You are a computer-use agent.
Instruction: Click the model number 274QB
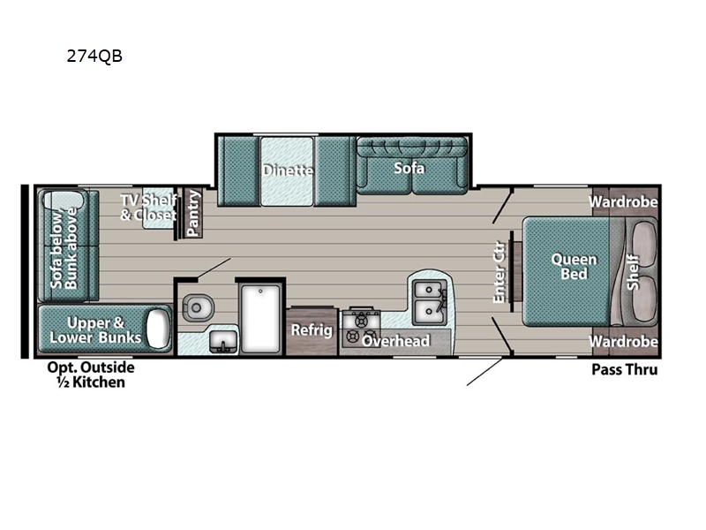[x=94, y=56]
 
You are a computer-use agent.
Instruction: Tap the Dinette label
[x=288, y=170]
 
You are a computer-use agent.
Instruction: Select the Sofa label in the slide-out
[x=409, y=168]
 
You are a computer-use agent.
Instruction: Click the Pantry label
[x=193, y=213]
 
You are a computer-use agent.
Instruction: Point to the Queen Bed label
[x=574, y=267]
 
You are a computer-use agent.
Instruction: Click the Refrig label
[x=312, y=329]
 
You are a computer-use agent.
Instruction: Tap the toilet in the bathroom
[x=197, y=307]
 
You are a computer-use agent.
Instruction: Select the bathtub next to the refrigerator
[x=260, y=318]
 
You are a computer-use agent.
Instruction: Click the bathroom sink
[x=223, y=342]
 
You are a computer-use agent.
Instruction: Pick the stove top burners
[x=361, y=328]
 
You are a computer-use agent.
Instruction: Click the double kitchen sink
[x=430, y=301]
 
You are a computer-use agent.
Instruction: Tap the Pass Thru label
[x=625, y=370]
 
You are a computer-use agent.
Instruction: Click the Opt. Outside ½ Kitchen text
[x=91, y=375]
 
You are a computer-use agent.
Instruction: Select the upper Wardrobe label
[x=623, y=201]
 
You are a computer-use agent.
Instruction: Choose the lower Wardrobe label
[x=623, y=341]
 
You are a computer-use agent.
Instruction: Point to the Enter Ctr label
[x=499, y=272]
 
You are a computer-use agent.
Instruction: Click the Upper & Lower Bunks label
[x=95, y=329]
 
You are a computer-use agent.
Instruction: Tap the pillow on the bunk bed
[x=158, y=328]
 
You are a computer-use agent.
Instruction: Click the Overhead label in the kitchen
[x=395, y=341]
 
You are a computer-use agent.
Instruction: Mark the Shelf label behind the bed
[x=633, y=272]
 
